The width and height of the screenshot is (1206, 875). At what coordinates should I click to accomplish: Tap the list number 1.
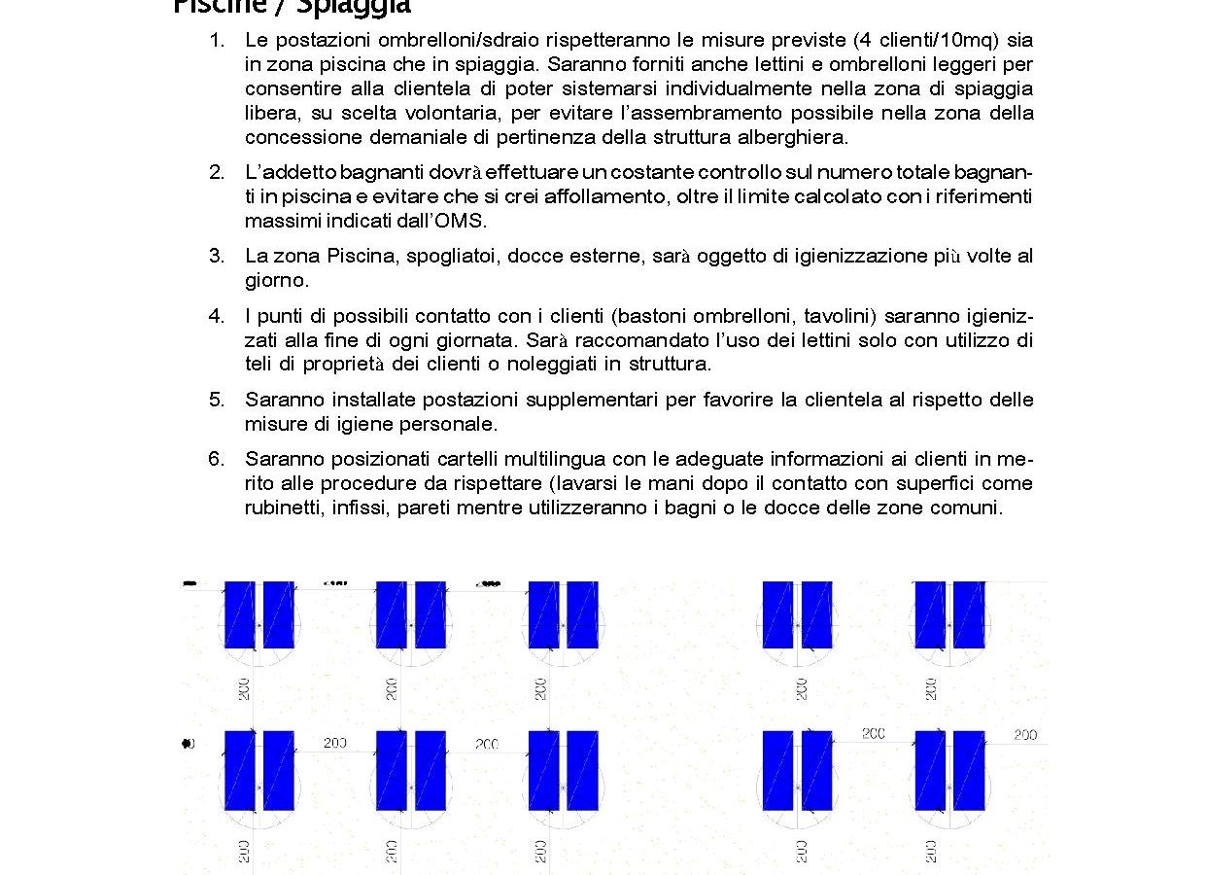pos(216,41)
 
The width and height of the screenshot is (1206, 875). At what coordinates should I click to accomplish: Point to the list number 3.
pos(216,256)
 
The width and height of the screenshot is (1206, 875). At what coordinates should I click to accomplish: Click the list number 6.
pos(216,459)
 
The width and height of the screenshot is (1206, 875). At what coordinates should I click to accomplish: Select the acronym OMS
pos(462,221)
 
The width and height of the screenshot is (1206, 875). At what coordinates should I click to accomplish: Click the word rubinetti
pos(283,507)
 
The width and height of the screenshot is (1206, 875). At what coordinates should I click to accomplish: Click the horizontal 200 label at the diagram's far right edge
pos(1025,735)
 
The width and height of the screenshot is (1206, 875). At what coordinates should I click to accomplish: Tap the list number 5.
pos(216,400)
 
